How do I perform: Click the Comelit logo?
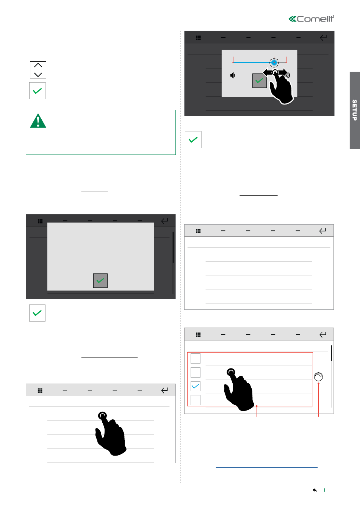pyautogui.click(x=311, y=19)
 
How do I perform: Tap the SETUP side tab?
pyautogui.click(x=355, y=111)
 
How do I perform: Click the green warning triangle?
pyautogui.click(x=38, y=121)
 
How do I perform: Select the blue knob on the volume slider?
pyautogui.click(x=274, y=62)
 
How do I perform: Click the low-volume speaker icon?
pyautogui.click(x=233, y=75)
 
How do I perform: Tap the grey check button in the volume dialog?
pyautogui.click(x=260, y=81)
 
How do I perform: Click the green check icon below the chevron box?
pyautogui.click(x=38, y=91)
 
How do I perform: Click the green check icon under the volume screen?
pyautogui.click(x=193, y=139)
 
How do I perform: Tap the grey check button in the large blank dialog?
pyautogui.click(x=100, y=281)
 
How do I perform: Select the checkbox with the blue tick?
pyautogui.click(x=196, y=386)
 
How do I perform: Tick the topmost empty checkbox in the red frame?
pyautogui.click(x=196, y=359)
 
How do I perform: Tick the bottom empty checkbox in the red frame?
pyautogui.click(x=196, y=400)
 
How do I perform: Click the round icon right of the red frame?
pyautogui.click(x=318, y=377)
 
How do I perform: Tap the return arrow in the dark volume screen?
pyautogui.click(x=323, y=37)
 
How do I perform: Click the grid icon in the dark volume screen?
pyautogui.click(x=198, y=38)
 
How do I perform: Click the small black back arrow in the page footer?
pyautogui.click(x=315, y=490)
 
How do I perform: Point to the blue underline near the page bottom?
pyautogui.click(x=267, y=467)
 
